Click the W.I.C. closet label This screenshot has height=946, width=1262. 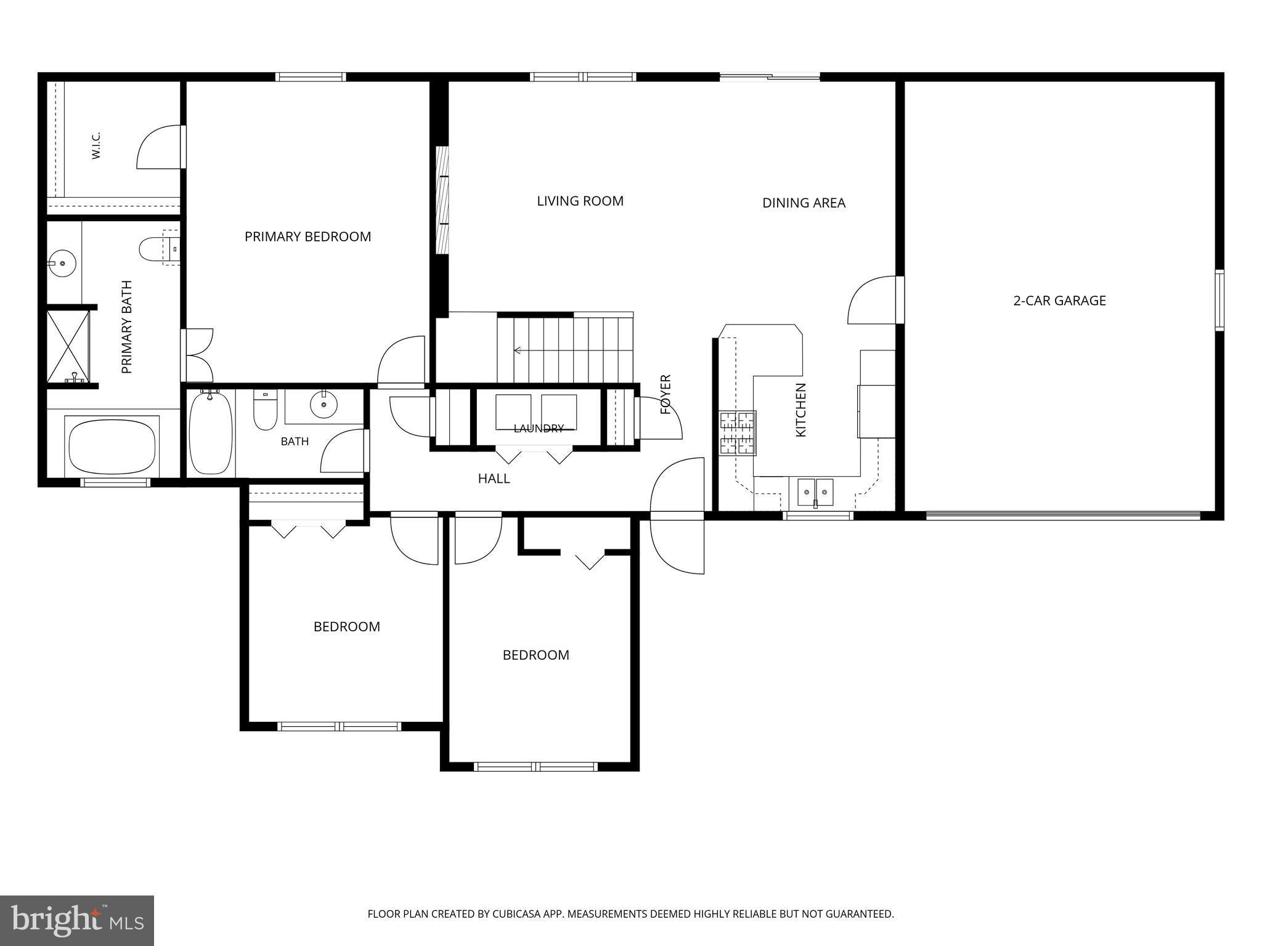click(96, 145)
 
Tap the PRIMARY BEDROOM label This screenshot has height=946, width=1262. click(307, 236)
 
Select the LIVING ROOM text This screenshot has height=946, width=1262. click(580, 201)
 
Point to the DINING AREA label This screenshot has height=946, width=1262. click(804, 203)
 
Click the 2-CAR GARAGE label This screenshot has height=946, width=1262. click(1059, 301)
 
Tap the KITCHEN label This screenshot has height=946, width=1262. click(800, 410)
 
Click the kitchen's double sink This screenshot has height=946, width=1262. click(815, 492)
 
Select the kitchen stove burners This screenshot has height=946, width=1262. click(738, 433)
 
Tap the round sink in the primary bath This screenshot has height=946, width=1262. click(62, 264)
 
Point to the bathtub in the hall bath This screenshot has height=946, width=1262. click(211, 433)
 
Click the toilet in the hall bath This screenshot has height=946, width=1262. click(266, 409)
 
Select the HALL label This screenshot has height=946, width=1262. click(494, 478)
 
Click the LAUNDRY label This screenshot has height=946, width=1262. click(539, 428)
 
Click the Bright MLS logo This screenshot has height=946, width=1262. click(77, 920)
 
